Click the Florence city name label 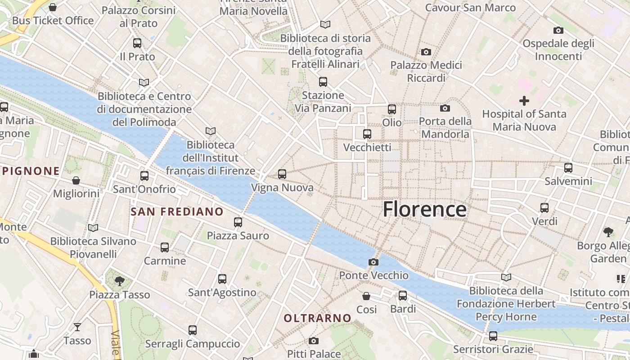click(424, 210)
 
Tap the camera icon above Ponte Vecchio click(373, 262)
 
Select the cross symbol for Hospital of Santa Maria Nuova click(524, 101)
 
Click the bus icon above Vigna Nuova click(282, 174)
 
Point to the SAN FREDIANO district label click(177, 211)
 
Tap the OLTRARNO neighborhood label click(317, 318)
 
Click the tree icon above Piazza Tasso click(120, 281)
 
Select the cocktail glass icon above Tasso click(77, 327)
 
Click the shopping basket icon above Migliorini click(76, 180)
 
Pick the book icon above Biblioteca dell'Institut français click(210, 131)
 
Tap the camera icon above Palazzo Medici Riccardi click(426, 52)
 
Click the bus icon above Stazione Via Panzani click(323, 82)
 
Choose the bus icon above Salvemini click(568, 168)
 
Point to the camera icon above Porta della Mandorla click(445, 108)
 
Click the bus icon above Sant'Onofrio click(144, 176)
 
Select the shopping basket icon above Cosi click(366, 296)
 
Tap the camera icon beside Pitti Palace click(314, 341)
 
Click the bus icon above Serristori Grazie click(493, 336)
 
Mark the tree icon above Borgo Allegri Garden click(608, 232)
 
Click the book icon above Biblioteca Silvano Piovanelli click(93, 228)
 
